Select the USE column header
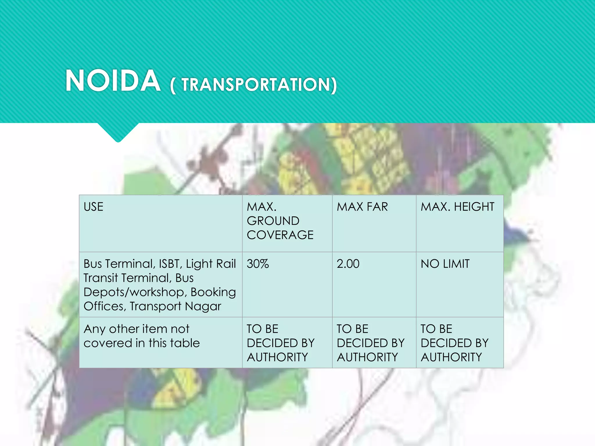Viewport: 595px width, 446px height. pos(94,207)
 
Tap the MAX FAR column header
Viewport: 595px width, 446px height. pos(362,207)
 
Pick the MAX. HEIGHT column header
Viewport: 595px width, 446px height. pos(458,207)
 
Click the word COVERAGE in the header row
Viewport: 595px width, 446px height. pos(280,235)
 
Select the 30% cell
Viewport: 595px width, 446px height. pos(258,264)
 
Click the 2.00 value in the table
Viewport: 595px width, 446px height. pos(348,264)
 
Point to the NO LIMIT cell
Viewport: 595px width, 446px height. pos(445,264)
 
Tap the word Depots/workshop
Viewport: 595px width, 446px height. pos(135,292)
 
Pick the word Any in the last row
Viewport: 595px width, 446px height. pos(94,329)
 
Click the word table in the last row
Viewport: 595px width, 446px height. pos(185,343)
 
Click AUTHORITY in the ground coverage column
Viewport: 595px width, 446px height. pos(277,357)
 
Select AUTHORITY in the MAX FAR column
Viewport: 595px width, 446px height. pos(368,357)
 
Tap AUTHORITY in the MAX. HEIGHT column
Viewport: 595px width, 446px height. pos(451,357)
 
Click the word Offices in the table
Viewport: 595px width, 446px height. pos(105,306)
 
